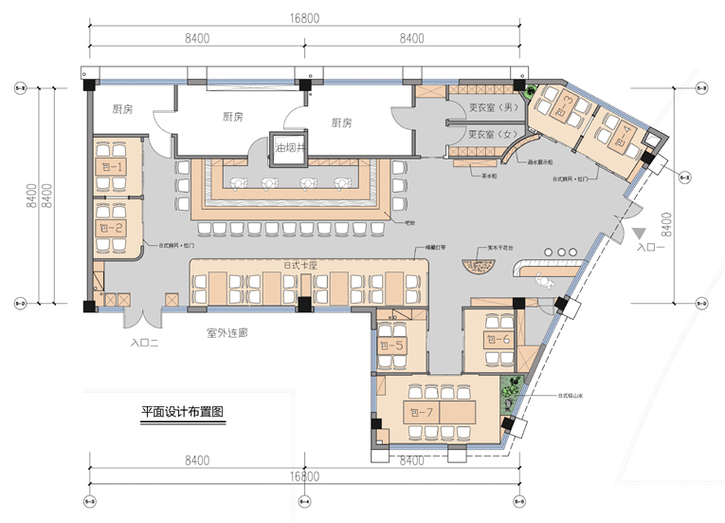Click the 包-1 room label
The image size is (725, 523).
112,167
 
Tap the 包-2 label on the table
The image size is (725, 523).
112,228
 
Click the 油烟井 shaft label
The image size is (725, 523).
287,148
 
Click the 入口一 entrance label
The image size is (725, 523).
653,248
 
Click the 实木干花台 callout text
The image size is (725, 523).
499,247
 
